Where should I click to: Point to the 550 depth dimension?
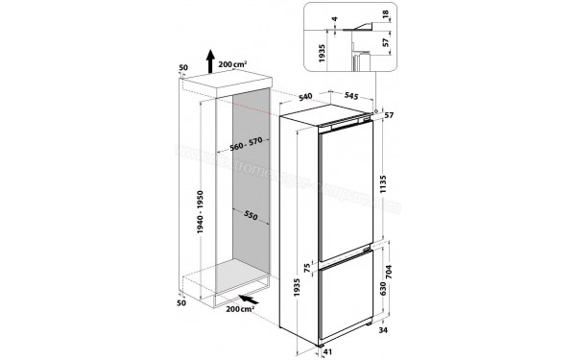click(252, 214)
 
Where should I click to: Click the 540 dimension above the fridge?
click(306, 97)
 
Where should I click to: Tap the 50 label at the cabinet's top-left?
click(182, 68)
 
